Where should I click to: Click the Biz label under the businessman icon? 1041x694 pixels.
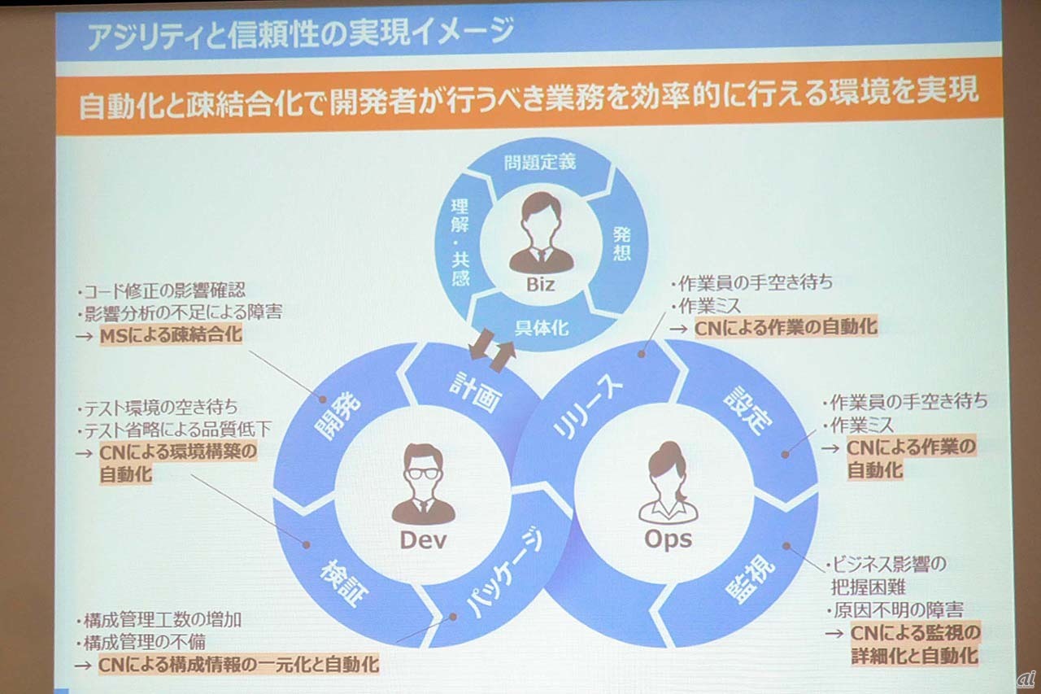pyautogui.click(x=540, y=286)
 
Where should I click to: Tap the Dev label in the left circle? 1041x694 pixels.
pyautogui.click(x=423, y=539)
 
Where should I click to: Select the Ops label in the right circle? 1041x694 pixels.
pyautogui.click(x=668, y=539)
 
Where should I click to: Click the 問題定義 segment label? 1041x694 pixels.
pyautogui.click(x=539, y=162)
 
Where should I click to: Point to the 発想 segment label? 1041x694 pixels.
pyautogui.click(x=621, y=245)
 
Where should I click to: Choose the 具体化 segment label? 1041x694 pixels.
pyautogui.click(x=542, y=328)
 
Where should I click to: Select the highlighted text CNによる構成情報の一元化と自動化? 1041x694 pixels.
pyautogui.click(x=238, y=664)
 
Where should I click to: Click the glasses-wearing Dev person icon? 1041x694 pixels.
pyautogui.click(x=423, y=485)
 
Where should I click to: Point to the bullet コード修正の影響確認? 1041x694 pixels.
pyautogui.click(x=162, y=290)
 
